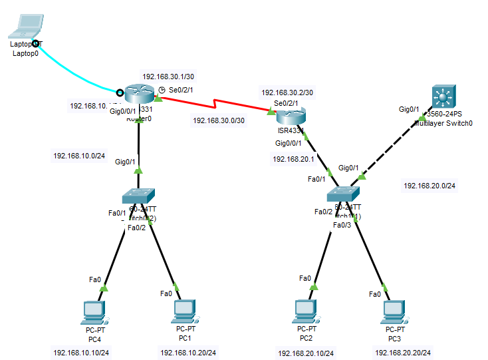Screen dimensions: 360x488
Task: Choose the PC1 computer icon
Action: click(x=184, y=311)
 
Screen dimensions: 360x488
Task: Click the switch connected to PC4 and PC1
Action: click(x=138, y=195)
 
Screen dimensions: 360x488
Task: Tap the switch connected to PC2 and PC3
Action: click(x=344, y=193)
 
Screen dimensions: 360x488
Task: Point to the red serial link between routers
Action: click(x=213, y=104)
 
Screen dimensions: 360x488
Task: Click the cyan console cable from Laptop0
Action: click(x=73, y=71)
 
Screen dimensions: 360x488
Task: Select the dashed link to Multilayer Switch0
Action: click(x=392, y=140)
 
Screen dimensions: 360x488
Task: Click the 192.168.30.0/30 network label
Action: click(x=219, y=120)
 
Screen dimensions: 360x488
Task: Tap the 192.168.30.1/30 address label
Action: click(x=168, y=77)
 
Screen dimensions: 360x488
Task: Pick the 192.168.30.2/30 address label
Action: click(x=287, y=92)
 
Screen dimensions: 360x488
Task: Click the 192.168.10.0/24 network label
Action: click(x=79, y=156)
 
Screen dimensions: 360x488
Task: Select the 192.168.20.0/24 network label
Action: click(x=429, y=186)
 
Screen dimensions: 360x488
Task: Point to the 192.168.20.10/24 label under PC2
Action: click(x=306, y=353)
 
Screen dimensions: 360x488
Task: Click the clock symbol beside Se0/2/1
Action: click(x=162, y=90)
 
